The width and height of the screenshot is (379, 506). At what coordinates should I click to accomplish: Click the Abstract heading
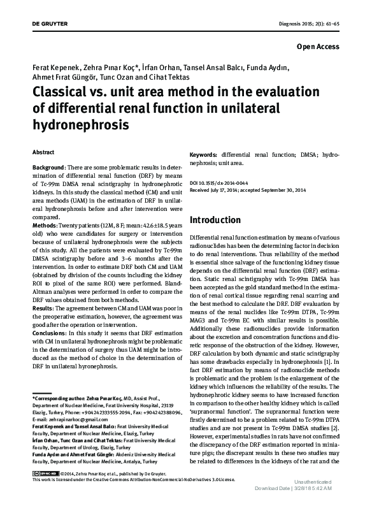[43, 153]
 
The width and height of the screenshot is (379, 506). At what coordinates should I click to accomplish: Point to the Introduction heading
[215, 219]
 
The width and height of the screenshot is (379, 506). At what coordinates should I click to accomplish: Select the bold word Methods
[45, 226]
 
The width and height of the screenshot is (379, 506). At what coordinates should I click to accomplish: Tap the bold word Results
[43, 307]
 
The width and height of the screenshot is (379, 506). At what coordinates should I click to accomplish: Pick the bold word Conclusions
[49, 333]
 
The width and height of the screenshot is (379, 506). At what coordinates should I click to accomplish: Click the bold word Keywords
[204, 155]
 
